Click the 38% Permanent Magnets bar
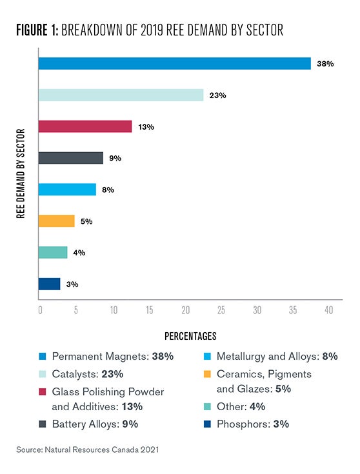(x=175, y=63)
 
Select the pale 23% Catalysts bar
(x=121, y=95)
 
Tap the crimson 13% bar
(x=85, y=126)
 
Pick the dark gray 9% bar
(x=71, y=158)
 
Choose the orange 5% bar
(x=56, y=221)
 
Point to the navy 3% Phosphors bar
(x=49, y=284)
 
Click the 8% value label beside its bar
(x=108, y=190)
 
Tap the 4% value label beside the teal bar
(x=79, y=253)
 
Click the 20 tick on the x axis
(x=185, y=310)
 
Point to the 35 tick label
(x=293, y=310)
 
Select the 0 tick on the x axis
(x=40, y=310)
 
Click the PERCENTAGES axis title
(x=190, y=336)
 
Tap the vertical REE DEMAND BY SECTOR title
(x=21, y=173)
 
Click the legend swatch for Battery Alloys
(x=43, y=424)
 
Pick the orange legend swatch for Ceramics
(x=207, y=374)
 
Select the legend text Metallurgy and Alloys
(x=268, y=357)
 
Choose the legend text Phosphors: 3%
(x=253, y=424)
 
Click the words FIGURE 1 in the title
(x=37, y=30)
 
